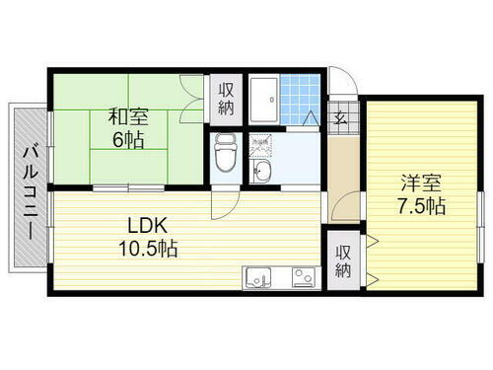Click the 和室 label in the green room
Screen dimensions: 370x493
129,115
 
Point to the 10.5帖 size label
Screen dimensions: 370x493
149,249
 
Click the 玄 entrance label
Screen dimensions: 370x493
340,119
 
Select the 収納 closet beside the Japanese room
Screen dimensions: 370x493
225,96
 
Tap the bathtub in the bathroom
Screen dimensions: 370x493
263,99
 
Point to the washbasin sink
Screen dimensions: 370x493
260,173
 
